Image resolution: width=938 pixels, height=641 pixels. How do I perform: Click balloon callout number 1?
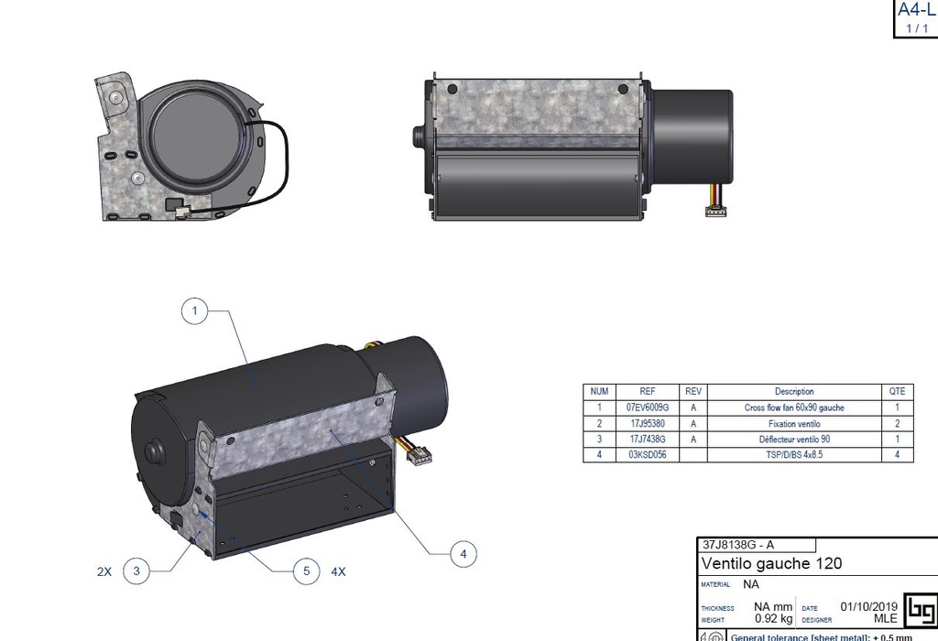(x=194, y=312)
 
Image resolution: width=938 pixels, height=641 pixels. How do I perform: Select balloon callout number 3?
(x=136, y=571)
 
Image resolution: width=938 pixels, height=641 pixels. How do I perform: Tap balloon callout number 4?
(x=463, y=553)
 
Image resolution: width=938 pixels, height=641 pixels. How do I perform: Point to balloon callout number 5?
(x=306, y=571)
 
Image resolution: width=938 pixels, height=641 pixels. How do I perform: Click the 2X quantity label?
(x=104, y=571)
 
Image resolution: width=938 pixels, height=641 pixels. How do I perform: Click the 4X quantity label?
(x=338, y=571)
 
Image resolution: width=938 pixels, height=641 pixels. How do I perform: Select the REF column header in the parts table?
(x=647, y=391)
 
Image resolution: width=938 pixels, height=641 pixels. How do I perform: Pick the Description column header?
(x=793, y=391)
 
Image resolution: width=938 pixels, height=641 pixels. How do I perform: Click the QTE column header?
(x=897, y=391)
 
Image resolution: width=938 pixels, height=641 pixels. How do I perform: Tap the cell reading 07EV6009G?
(x=647, y=407)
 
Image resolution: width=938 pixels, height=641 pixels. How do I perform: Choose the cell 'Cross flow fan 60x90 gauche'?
(x=793, y=407)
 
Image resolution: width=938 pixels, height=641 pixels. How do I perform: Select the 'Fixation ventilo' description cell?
(x=793, y=424)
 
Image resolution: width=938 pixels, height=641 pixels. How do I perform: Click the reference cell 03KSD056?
(x=647, y=455)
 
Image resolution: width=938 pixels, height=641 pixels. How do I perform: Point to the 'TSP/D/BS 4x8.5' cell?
(x=793, y=455)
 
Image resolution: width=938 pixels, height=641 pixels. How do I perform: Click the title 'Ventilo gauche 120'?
(x=771, y=563)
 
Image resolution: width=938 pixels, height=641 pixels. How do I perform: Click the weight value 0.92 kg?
(x=772, y=619)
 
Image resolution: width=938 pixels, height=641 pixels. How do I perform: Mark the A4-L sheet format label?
(x=915, y=10)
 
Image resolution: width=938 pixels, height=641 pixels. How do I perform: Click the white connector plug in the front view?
(x=714, y=212)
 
